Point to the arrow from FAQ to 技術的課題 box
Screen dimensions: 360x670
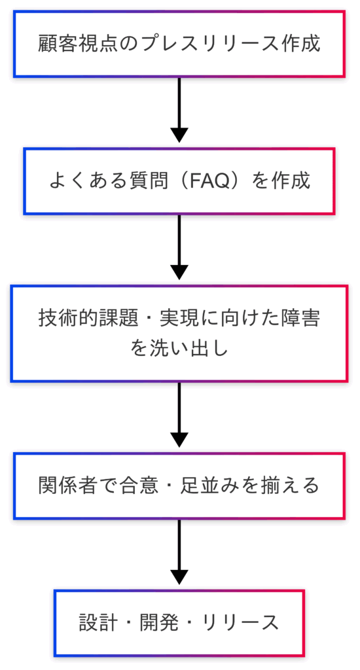pyautogui.click(x=179, y=247)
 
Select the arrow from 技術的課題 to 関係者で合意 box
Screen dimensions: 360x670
pyautogui.click(x=179, y=415)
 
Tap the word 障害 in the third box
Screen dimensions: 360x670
pyautogui.click(x=303, y=319)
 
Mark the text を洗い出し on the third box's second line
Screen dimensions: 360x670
pyautogui.click(x=179, y=348)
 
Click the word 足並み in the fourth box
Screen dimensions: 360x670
pyautogui.click(x=206, y=486)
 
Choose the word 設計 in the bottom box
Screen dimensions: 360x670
pyautogui.click(x=97, y=623)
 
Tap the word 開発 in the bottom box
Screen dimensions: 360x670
pyautogui.click(x=158, y=623)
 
